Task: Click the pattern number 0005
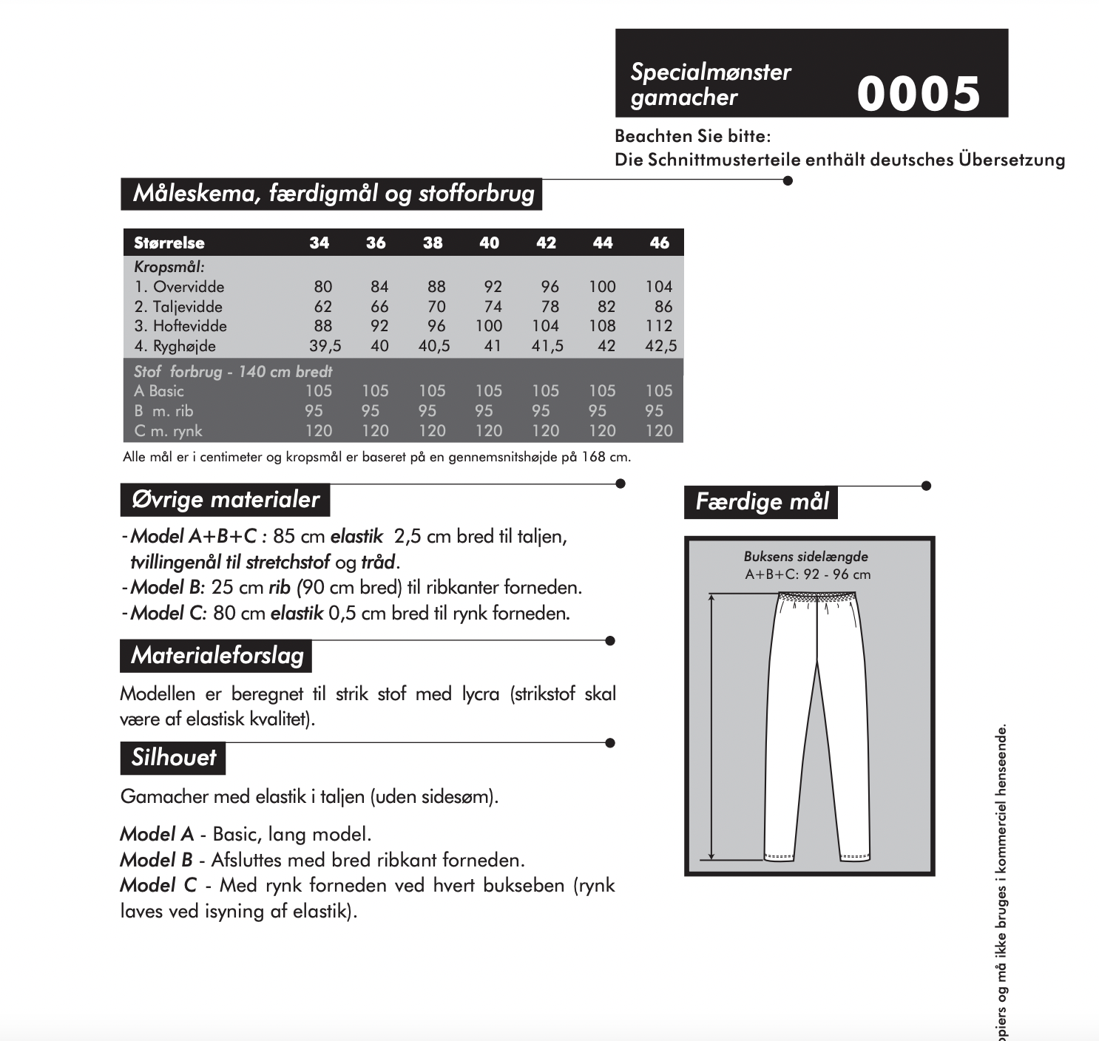[x=919, y=94]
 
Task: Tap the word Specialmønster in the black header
[x=711, y=72]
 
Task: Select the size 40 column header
[x=489, y=243]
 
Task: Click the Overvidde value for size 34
[x=322, y=287]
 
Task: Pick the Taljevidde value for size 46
[x=663, y=307]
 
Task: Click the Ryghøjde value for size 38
[x=434, y=346]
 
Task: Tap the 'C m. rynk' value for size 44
[x=602, y=431]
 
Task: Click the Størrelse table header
[x=169, y=243]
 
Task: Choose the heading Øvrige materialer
[x=225, y=500]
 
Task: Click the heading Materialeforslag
[x=217, y=656]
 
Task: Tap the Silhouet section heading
[x=174, y=758]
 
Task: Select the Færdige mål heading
[x=762, y=502]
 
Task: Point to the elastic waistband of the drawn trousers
[x=817, y=596]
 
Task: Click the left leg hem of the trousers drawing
[x=779, y=856]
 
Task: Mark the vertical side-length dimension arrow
[x=712, y=725]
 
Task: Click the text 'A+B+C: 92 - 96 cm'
[x=807, y=574]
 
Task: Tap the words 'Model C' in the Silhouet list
[x=158, y=885]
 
